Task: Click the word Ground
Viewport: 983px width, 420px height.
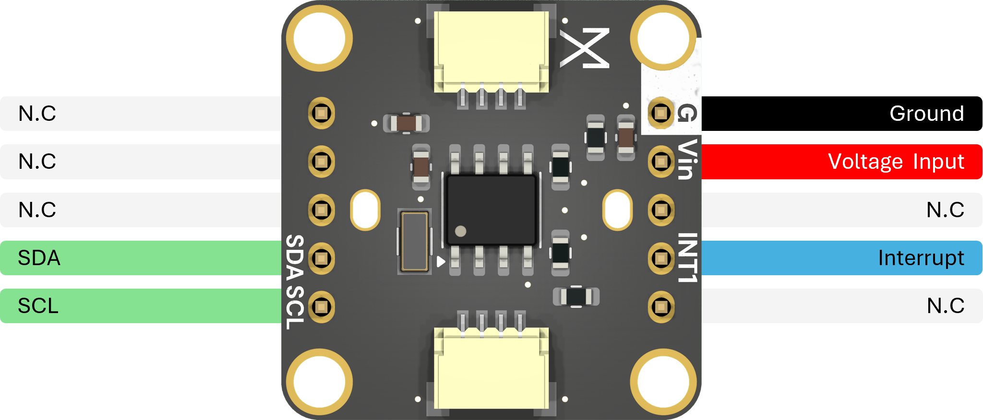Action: [x=926, y=114]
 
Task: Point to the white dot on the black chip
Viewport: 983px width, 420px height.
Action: [x=460, y=232]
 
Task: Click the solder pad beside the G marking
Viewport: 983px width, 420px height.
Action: [x=661, y=113]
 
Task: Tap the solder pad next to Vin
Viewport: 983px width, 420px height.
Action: [x=661, y=162]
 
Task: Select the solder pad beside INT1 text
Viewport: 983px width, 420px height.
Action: [x=661, y=258]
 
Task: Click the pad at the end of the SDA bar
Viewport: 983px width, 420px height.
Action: [x=321, y=258]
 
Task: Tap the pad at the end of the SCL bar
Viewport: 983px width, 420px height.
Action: [x=321, y=306]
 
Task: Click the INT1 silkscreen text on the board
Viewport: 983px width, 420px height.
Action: [x=687, y=257]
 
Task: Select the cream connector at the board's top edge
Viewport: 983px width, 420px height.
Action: [x=491, y=50]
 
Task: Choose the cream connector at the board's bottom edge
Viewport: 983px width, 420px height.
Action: [x=491, y=369]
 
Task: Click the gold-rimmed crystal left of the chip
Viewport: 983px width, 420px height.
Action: [x=414, y=241]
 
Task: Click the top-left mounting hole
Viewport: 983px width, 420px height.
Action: [x=319, y=38]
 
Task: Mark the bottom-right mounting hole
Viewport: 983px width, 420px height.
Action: [x=663, y=382]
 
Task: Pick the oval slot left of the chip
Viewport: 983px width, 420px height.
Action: [x=365, y=210]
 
